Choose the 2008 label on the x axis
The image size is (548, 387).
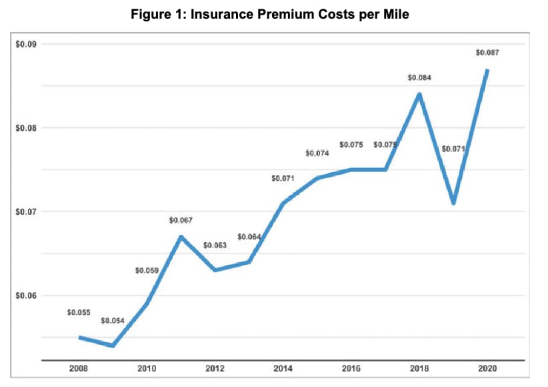point(79,368)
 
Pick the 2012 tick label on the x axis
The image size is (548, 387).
point(215,368)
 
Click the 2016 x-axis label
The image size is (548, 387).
point(351,368)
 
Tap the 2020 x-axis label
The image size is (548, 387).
point(487,368)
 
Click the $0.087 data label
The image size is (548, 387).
point(487,53)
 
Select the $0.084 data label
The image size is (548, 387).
point(419,78)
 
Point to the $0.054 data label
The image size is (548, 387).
point(113,321)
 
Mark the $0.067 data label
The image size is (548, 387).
point(181,220)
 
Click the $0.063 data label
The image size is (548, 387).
point(215,246)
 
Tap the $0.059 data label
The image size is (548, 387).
point(147,270)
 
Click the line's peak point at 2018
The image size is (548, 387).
point(419,94)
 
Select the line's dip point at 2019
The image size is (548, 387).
point(453,203)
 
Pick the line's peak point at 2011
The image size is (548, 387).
point(181,236)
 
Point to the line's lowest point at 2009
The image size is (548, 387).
point(113,346)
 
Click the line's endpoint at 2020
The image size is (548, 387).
point(487,70)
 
